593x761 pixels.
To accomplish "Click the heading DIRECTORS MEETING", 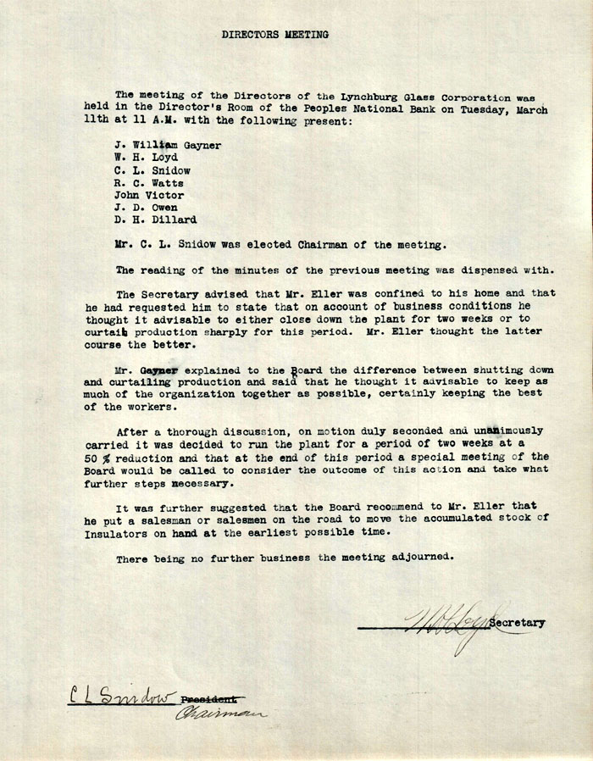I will [275, 35].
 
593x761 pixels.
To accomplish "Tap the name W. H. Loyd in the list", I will [146, 158].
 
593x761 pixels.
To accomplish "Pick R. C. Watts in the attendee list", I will [149, 182].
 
